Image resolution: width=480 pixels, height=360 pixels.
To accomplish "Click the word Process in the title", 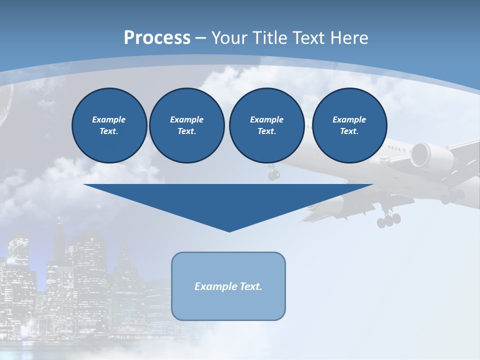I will coord(157,37).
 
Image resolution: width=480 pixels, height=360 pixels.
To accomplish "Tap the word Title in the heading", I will coord(271,37).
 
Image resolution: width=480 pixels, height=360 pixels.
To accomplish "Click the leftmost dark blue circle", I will coord(109,125).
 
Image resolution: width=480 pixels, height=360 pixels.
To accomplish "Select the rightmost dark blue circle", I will coord(349,125).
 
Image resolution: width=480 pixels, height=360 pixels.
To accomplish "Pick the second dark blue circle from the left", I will coord(186,125).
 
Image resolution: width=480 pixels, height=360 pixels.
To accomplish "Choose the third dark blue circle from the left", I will coord(266,125).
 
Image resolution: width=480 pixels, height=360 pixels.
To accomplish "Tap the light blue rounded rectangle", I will coord(228,286).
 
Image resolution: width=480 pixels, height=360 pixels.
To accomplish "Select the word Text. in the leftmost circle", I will coord(109,131).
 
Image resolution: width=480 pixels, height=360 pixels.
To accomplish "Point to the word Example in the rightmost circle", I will coord(349,119).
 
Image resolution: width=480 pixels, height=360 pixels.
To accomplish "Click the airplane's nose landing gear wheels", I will coord(273,174).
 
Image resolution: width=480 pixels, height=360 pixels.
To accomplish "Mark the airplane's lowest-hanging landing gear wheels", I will coord(388,219).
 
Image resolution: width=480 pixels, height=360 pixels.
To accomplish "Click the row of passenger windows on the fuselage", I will coord(398,148).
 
